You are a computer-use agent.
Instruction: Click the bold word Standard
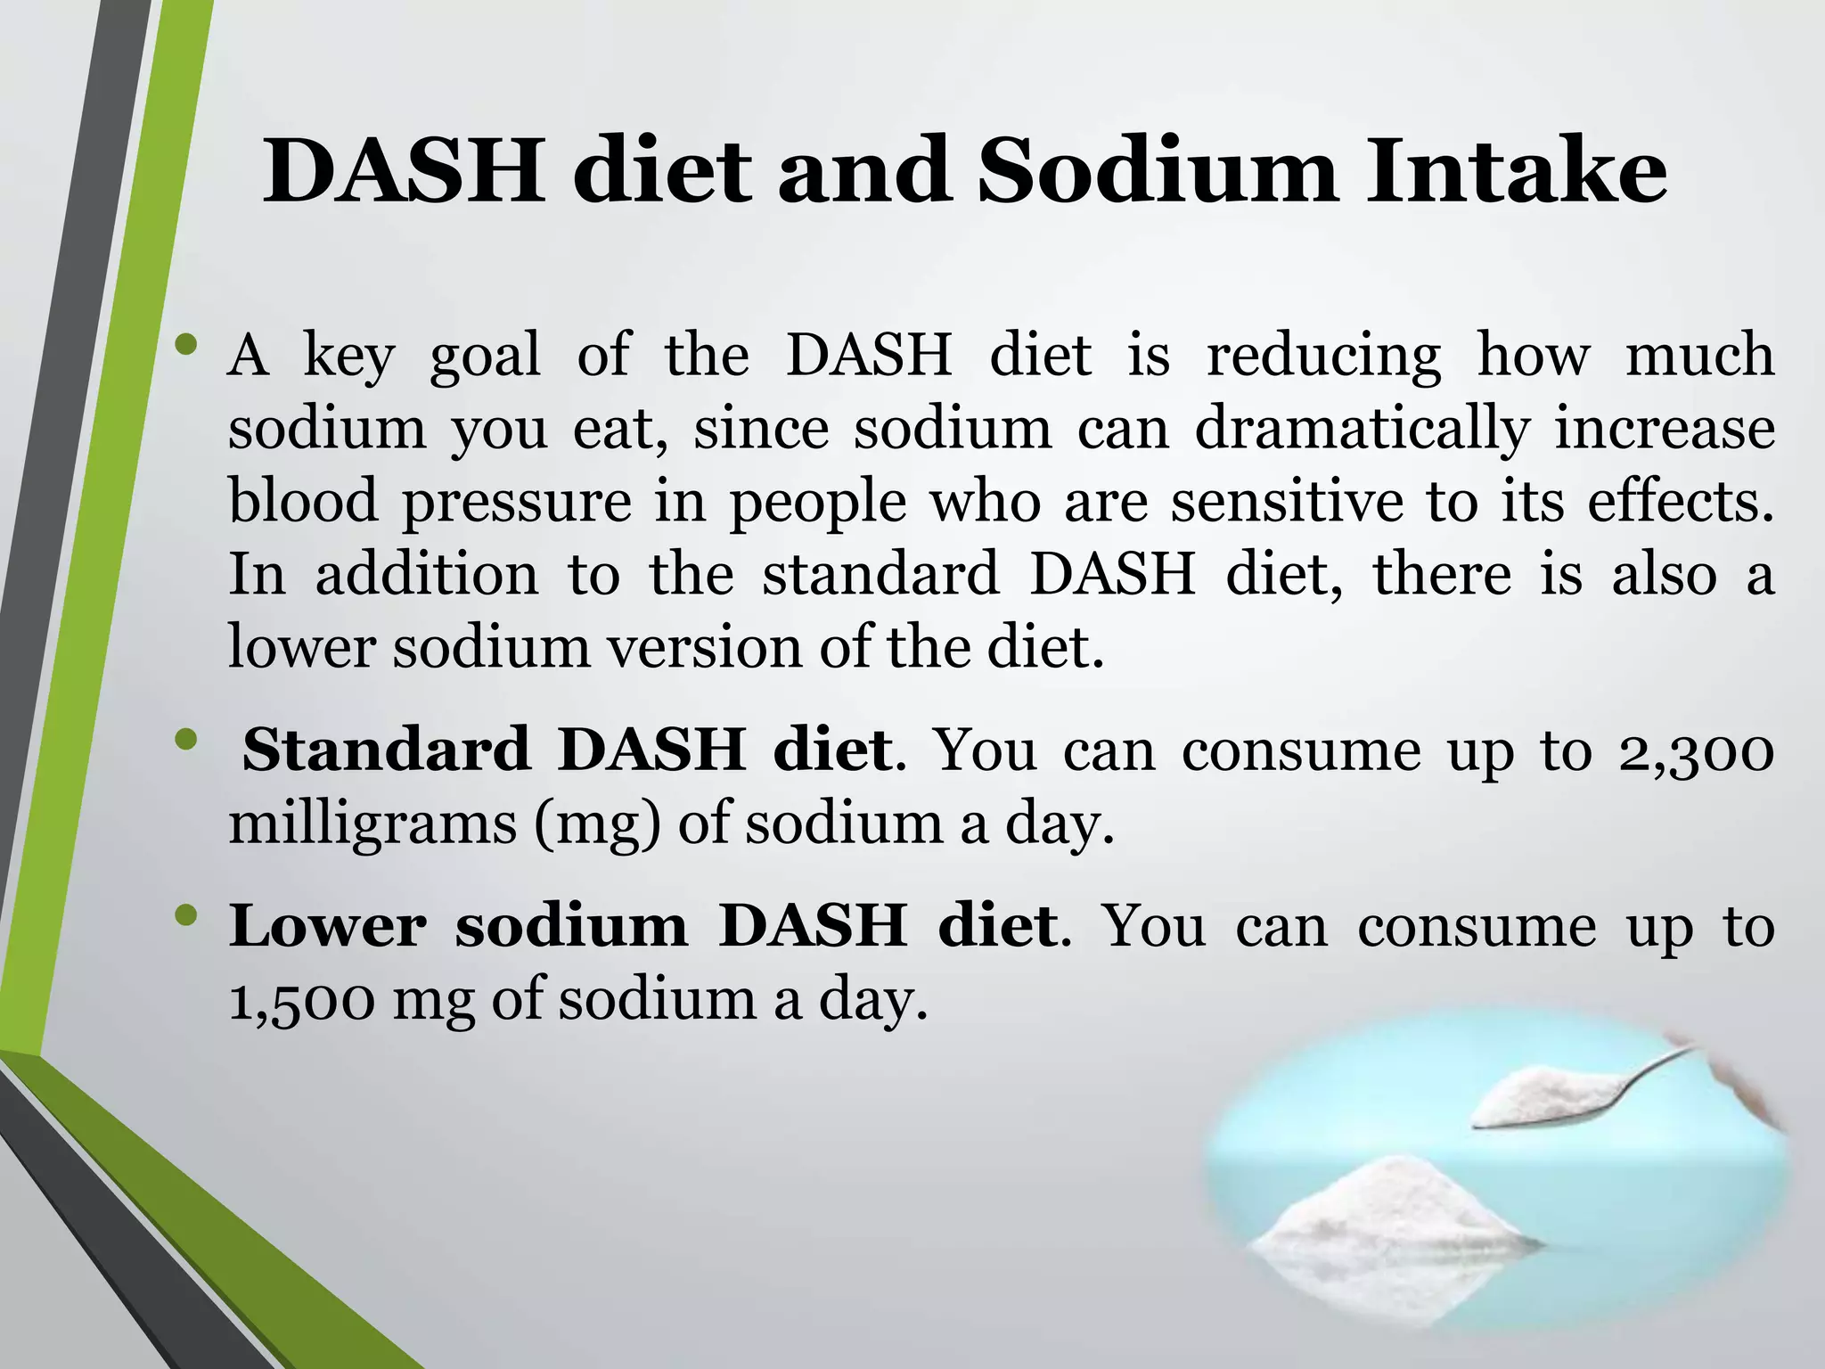click(x=387, y=750)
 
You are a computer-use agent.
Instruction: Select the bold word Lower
click(x=328, y=926)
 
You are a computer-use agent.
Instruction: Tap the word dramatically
click(x=1361, y=429)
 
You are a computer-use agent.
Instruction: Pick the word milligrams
click(x=372, y=823)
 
